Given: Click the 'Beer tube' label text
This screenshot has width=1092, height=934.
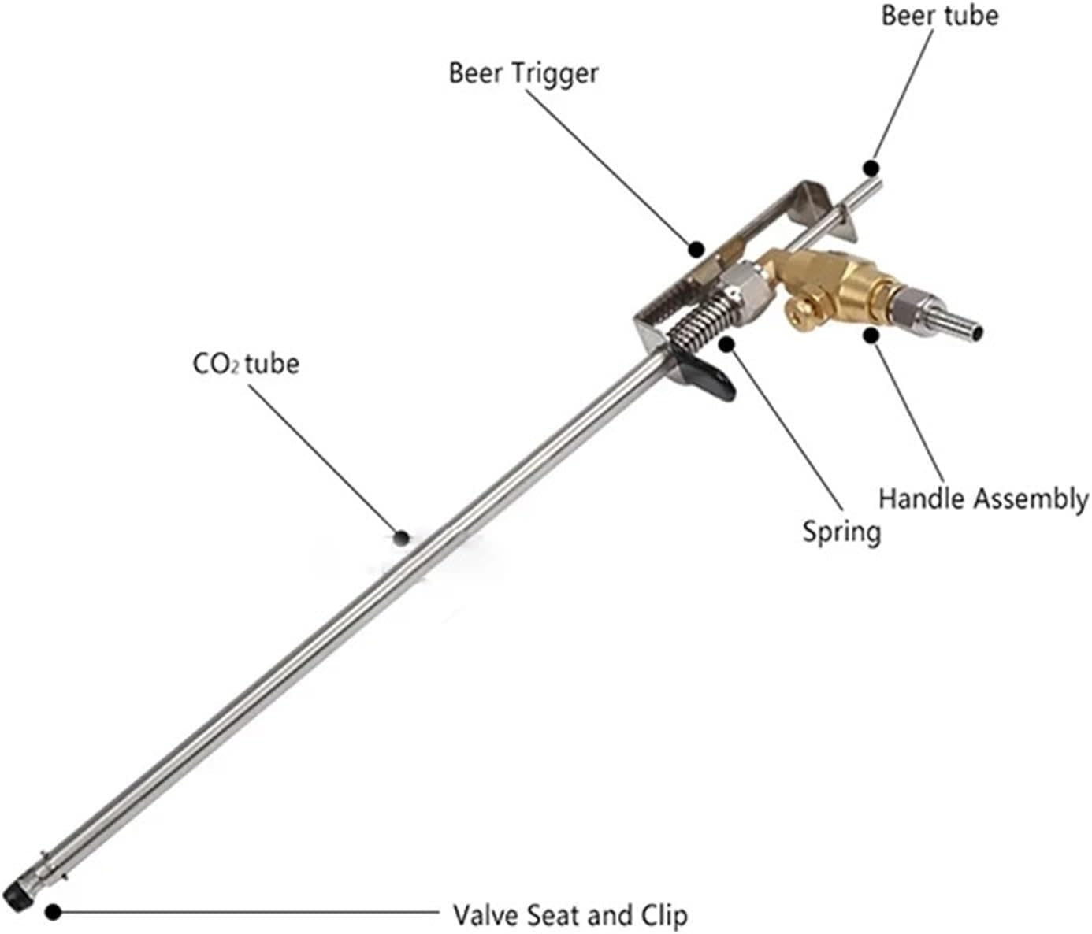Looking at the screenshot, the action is (939, 16).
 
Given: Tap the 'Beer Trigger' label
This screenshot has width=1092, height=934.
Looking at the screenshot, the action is (523, 72).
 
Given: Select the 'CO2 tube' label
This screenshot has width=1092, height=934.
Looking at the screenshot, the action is (246, 364).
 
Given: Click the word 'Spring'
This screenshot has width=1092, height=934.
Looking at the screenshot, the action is (841, 532).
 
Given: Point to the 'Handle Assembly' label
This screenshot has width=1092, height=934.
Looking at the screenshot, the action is (983, 499).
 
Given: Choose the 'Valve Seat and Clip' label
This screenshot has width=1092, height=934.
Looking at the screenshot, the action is (570, 915).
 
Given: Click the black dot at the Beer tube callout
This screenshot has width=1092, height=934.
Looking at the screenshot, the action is (871, 168).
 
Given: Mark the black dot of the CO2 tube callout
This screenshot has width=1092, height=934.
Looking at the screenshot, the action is (402, 538).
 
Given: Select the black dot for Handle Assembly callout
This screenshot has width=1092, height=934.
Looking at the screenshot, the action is (871, 335).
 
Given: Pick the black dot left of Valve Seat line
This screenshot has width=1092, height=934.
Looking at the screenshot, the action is (53, 912).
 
